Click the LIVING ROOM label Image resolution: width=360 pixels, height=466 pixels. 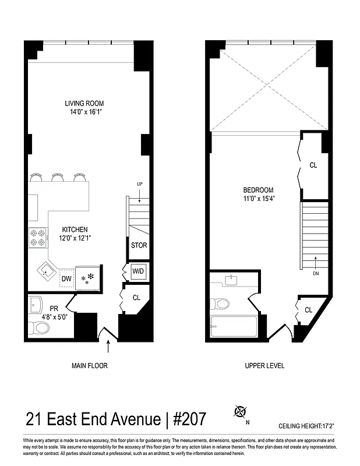(84, 104)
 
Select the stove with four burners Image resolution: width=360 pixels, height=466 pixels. (37, 238)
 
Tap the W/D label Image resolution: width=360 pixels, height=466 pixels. (138, 271)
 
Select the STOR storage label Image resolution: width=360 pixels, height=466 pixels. (139, 245)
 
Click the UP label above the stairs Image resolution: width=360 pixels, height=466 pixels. (139, 184)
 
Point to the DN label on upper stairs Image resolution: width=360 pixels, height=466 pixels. (315, 272)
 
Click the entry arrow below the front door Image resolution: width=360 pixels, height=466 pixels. (109, 348)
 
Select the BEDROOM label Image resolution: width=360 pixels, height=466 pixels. (259, 190)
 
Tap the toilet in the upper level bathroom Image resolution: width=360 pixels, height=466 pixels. (221, 303)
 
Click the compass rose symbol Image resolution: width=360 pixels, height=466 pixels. (239, 412)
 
